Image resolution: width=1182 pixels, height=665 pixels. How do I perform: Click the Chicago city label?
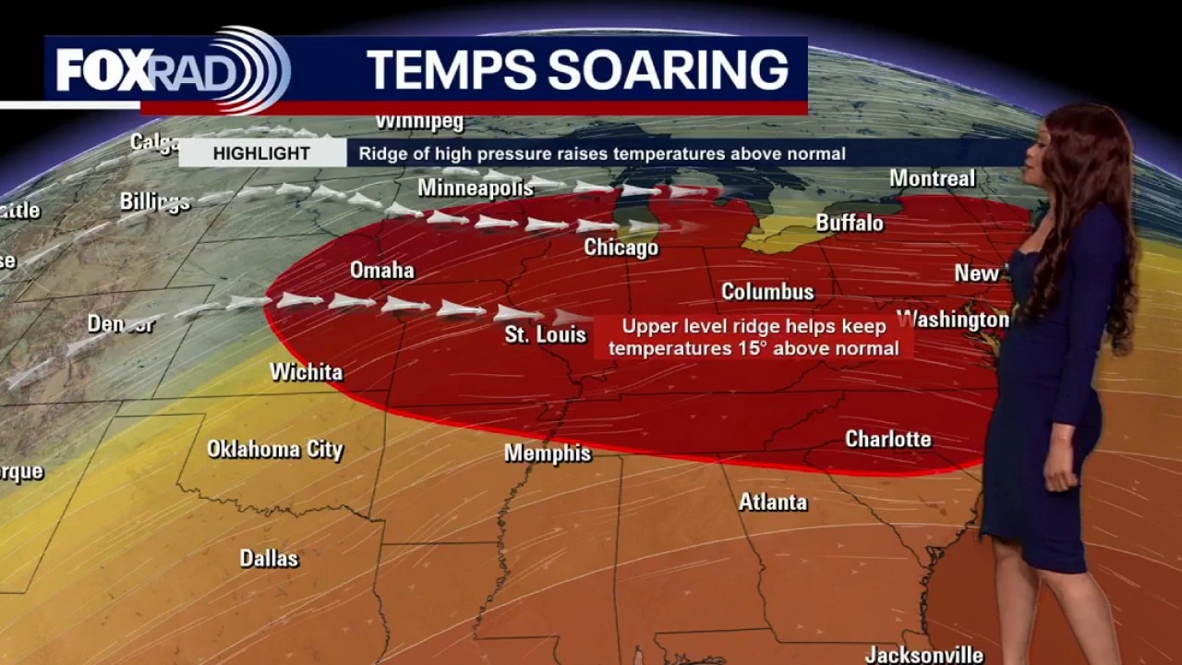621,248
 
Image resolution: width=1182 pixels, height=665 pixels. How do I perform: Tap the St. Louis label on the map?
545,333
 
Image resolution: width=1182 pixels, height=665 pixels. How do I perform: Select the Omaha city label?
381,271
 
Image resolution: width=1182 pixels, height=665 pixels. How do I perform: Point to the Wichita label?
306,371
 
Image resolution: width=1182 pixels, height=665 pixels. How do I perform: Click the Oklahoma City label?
274,449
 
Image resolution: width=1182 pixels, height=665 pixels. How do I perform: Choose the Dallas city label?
269,558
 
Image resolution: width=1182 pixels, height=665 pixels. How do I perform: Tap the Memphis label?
547,453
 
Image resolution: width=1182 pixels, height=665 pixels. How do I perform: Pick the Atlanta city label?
772,502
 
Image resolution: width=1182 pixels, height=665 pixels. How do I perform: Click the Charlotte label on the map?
887,439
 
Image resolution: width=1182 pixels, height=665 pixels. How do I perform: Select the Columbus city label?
767,291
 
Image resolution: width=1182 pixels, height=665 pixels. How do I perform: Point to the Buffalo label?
849,223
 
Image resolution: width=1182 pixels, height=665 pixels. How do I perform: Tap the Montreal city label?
932,177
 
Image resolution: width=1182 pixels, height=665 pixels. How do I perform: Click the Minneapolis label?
475,187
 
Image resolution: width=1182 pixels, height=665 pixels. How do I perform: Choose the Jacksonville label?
923,654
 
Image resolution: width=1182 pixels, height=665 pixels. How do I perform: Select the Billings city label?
154,201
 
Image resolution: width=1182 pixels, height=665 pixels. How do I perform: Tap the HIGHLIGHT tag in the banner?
261,153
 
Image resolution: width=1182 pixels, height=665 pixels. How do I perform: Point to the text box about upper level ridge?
753,337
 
